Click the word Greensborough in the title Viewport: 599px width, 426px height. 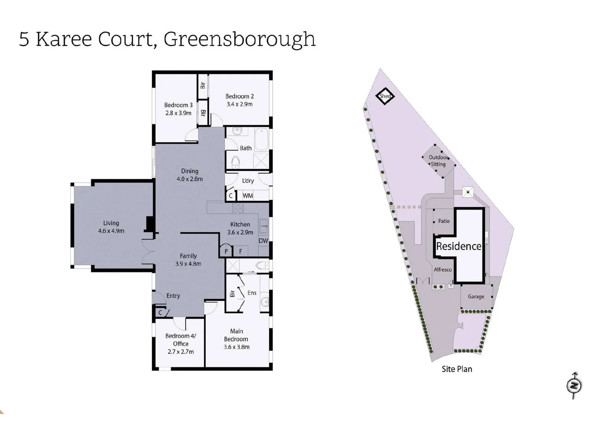(239, 39)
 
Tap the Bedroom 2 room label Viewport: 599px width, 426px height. (239, 96)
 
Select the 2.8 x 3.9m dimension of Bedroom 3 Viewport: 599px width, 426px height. (178, 113)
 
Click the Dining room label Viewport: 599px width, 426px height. (190, 171)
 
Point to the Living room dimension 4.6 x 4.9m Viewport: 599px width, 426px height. (111, 231)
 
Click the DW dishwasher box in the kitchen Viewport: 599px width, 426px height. (263, 241)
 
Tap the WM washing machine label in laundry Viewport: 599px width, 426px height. (248, 196)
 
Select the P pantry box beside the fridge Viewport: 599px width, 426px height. (226, 251)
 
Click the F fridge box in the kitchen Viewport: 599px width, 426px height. (241, 251)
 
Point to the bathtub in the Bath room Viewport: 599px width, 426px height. (261, 140)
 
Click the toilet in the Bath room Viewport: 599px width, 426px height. (235, 162)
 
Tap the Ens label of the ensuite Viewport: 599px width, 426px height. (252, 293)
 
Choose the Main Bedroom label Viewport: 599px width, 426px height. (236, 335)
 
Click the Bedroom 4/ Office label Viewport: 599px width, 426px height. (181, 340)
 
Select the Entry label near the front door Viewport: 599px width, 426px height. (173, 296)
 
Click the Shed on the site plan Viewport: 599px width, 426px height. (385, 96)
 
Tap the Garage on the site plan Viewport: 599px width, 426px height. (476, 297)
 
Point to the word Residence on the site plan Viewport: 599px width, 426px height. (459, 247)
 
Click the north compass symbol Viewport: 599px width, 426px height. (574, 385)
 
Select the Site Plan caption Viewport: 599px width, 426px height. (457, 369)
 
